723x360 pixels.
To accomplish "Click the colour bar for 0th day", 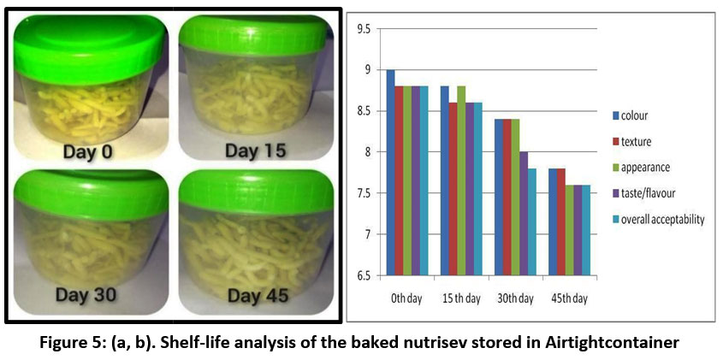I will pos(391,172).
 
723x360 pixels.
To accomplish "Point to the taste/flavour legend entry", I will pos(654,193).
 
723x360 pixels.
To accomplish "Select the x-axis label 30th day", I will pos(514,298).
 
